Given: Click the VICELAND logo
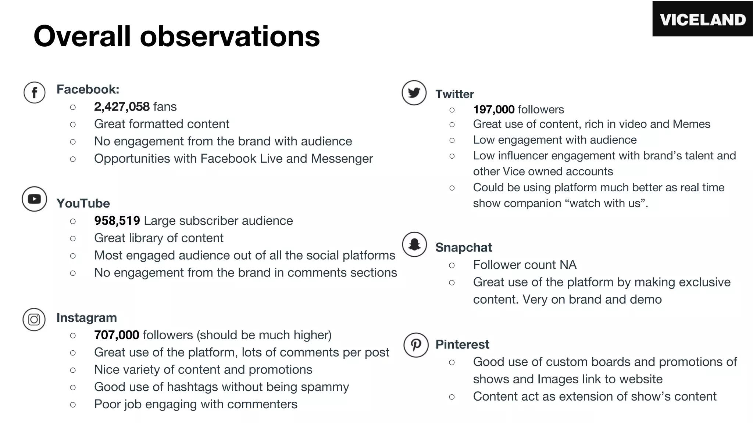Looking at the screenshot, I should tap(703, 19).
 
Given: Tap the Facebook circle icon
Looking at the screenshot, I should tap(35, 92).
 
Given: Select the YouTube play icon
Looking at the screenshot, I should tap(34, 199).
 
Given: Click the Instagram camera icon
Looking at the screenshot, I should tap(34, 319).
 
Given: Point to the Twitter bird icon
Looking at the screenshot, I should tap(414, 93).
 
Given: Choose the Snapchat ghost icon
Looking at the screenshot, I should tap(414, 244).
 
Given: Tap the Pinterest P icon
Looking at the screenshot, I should tap(416, 345).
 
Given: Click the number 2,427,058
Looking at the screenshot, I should tap(122, 107).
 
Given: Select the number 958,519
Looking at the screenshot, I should tap(117, 221).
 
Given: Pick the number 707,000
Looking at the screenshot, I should tap(117, 335).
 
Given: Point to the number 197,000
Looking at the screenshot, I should tap(493, 109).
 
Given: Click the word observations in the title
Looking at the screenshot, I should tap(230, 36).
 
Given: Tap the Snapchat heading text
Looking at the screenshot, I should tap(463, 247).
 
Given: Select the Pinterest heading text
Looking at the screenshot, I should tap(462, 344).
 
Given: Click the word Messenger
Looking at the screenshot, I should tap(342, 159).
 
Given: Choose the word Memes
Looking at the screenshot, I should tap(691, 124).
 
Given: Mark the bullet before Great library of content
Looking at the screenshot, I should tap(73, 238).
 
